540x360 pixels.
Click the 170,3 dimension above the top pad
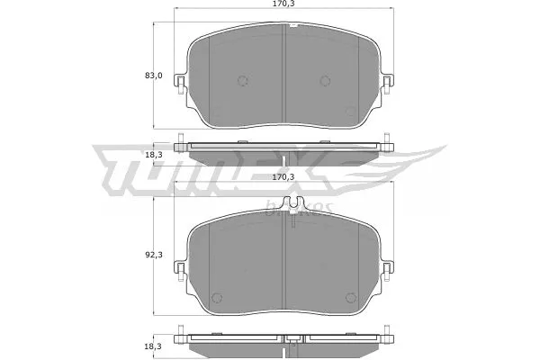tap(286, 6)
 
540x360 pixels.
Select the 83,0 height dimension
tap(154, 75)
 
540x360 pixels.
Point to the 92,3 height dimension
tap(154, 256)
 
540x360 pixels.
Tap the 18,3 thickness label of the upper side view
tap(154, 156)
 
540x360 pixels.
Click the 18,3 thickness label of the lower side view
tap(154, 345)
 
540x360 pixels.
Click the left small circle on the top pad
tap(241, 80)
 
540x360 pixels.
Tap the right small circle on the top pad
tap(326, 80)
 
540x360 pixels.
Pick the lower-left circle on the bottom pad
tap(215, 299)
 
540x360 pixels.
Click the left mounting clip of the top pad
tap(181, 85)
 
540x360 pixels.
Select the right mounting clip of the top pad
tap(387, 85)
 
